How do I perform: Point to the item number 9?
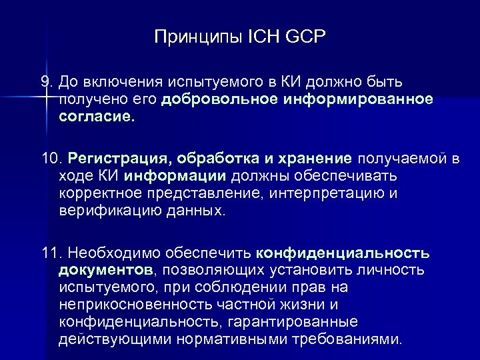tap(45, 81)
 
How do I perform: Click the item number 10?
tap(50, 159)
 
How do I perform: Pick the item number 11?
tap(49, 254)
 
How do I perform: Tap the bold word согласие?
tap(96, 117)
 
